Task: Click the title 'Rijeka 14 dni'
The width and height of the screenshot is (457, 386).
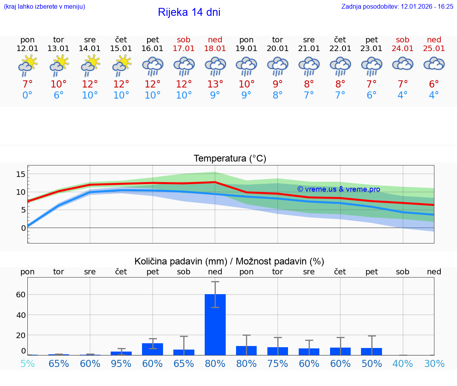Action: (x=189, y=12)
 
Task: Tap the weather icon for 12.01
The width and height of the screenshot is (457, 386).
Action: (x=27, y=66)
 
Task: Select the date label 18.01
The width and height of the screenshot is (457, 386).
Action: (x=215, y=49)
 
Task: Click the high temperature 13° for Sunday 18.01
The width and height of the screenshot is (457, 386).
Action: (x=215, y=84)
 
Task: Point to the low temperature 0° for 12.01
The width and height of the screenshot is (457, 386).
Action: (x=27, y=95)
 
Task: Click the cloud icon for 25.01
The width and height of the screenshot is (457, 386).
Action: (x=434, y=64)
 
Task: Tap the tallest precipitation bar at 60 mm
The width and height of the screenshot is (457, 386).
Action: (x=215, y=324)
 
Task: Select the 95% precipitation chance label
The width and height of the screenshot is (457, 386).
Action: (x=121, y=363)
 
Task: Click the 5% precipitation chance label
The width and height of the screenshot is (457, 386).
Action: (x=27, y=363)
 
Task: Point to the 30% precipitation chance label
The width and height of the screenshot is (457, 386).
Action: (x=434, y=363)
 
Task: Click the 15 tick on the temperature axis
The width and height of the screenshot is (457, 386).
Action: (x=21, y=174)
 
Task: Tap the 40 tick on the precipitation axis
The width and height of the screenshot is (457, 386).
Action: (x=21, y=315)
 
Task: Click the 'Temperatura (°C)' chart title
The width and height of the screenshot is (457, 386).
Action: (x=230, y=159)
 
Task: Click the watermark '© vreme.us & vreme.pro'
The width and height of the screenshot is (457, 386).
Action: (x=338, y=189)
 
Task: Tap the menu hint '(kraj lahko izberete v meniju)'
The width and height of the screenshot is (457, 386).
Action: (x=44, y=6)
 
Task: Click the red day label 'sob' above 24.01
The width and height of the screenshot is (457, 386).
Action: (x=403, y=40)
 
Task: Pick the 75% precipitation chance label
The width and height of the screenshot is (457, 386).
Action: (x=278, y=363)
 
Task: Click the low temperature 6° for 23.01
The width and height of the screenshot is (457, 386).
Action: (x=372, y=95)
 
